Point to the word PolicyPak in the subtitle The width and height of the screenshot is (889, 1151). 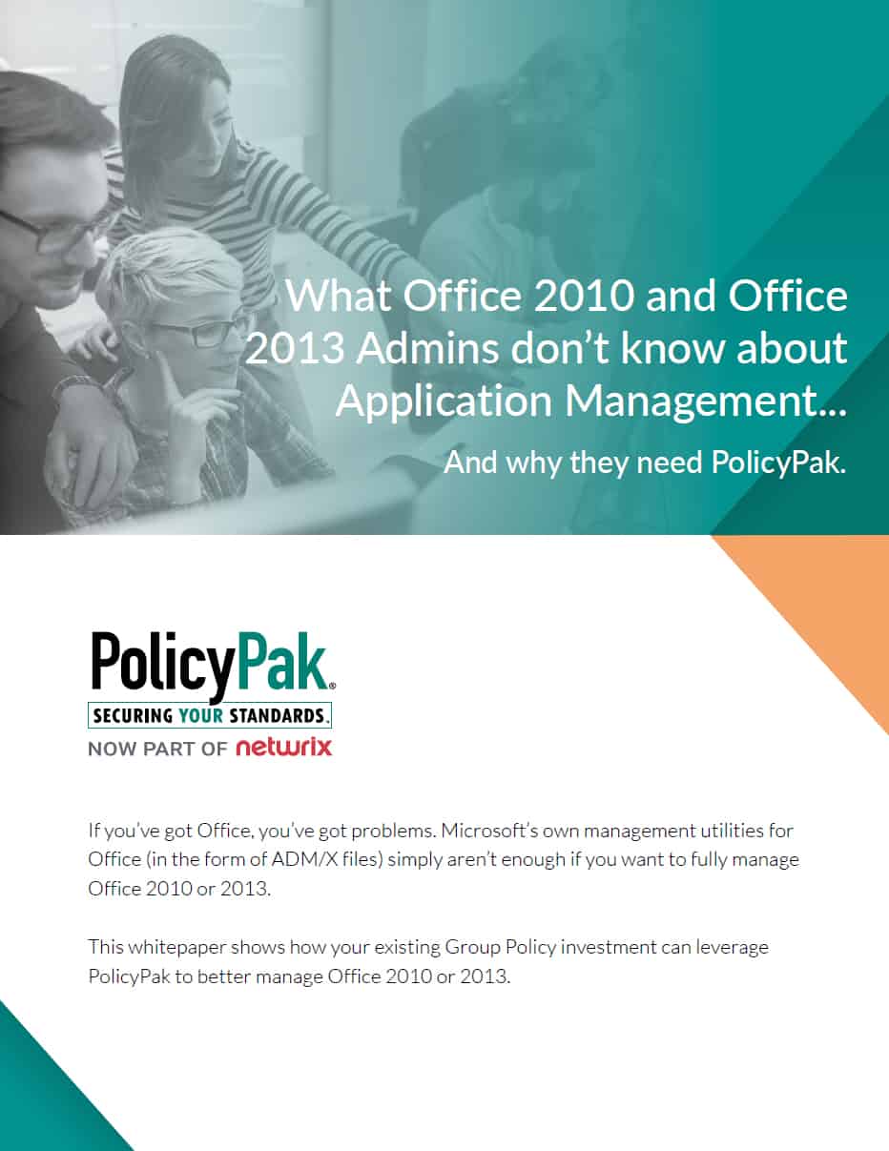pos(778,462)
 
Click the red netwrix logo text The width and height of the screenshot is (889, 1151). pos(284,748)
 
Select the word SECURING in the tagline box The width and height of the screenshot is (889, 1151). pos(133,715)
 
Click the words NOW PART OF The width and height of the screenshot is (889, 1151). pos(157,749)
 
